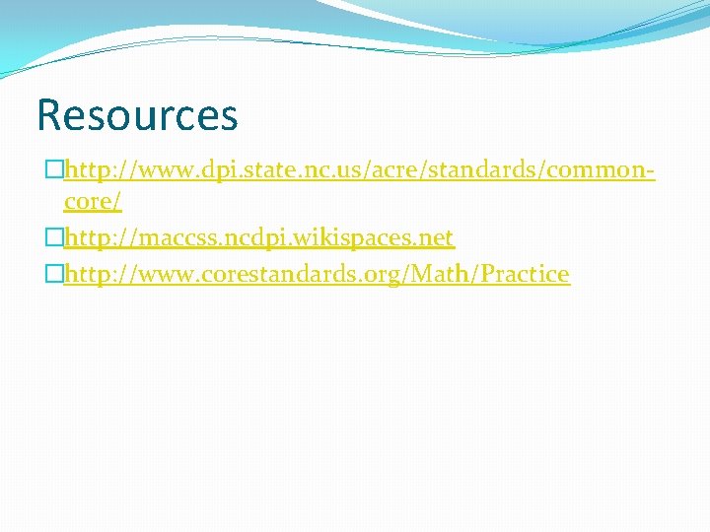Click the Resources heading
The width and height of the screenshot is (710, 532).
(x=137, y=114)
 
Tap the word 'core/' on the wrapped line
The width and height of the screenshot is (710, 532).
(x=93, y=203)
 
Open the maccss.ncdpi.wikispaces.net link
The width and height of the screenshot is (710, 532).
(x=258, y=238)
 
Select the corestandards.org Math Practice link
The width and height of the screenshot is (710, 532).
(x=317, y=273)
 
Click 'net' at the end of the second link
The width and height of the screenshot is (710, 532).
(x=435, y=238)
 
